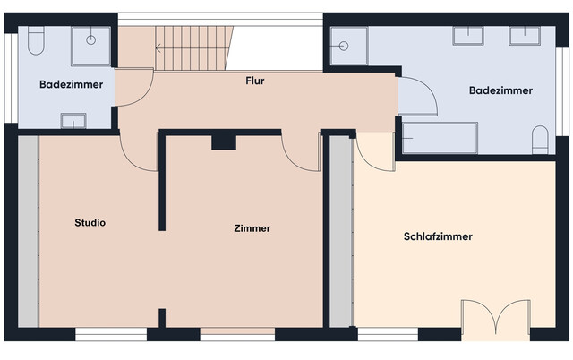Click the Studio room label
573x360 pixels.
[90, 223]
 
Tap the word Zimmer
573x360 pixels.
[252, 228]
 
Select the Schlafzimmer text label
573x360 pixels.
[438, 237]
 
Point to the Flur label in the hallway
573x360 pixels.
[255, 81]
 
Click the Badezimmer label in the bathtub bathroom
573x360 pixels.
[501, 90]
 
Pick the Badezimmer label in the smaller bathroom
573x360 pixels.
[71, 84]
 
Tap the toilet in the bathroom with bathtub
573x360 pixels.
[540, 140]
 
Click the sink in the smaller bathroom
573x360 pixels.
[73, 120]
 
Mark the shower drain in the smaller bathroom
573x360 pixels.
[92, 40]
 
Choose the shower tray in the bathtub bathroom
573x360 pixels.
[349, 46]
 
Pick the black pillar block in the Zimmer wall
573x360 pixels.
[222, 141]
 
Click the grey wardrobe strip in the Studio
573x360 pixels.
[29, 231]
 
